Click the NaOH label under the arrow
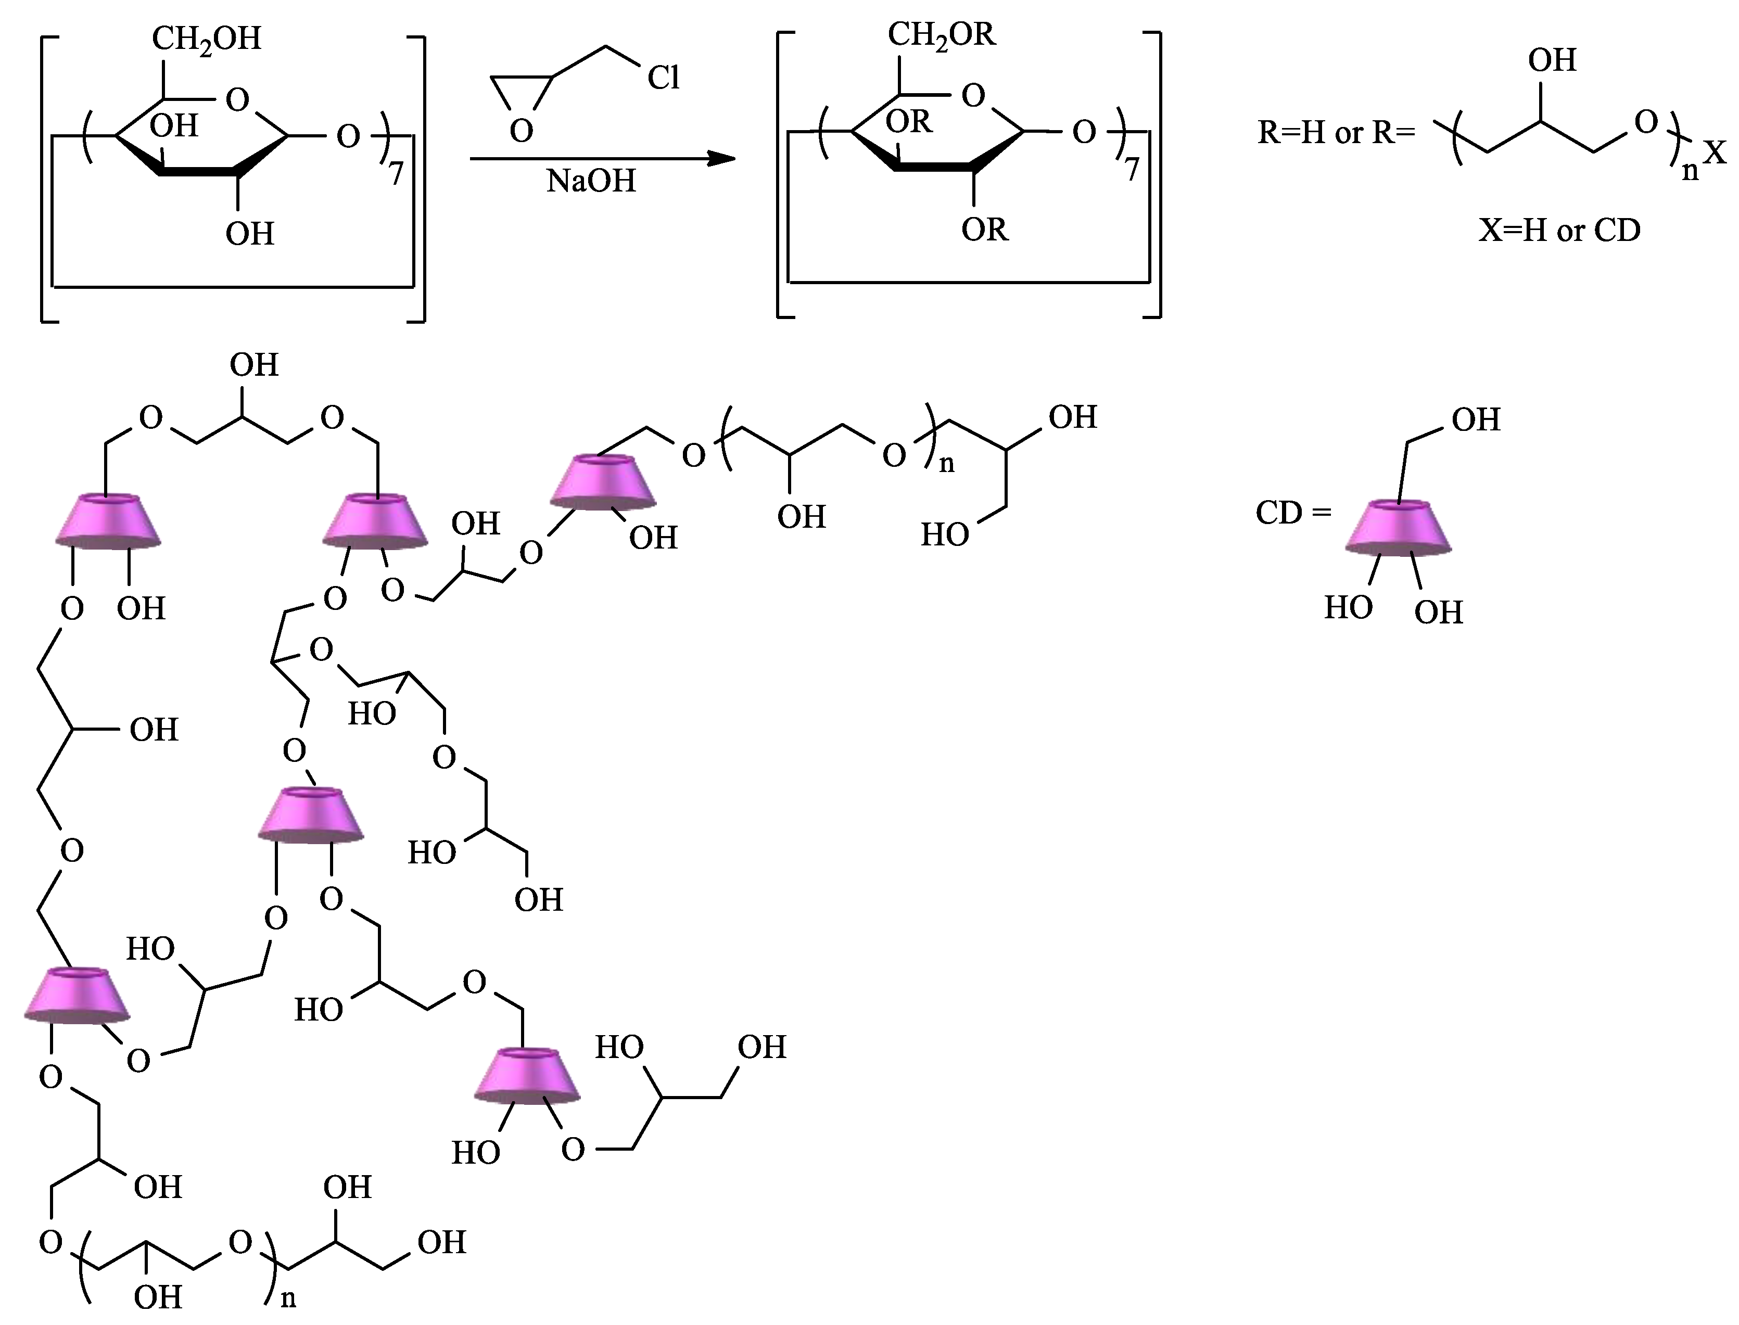point(591,182)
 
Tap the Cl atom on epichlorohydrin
point(663,78)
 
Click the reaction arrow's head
point(721,159)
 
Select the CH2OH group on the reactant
point(207,39)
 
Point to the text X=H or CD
point(1559,231)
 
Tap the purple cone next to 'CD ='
point(1398,527)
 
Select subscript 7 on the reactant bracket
point(396,173)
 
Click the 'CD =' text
point(1292,514)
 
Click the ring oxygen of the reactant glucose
point(237,99)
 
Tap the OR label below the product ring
point(984,230)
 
